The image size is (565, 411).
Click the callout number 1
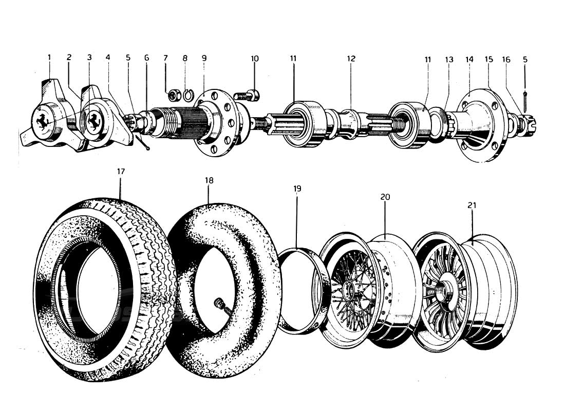[x=49, y=58]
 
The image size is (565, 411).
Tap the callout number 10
[x=255, y=58]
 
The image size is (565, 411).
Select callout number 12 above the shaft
[x=351, y=59]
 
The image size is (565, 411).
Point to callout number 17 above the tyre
[x=121, y=172]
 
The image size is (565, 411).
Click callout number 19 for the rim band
[x=297, y=189]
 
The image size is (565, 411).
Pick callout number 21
[x=472, y=205]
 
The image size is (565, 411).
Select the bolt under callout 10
[x=247, y=95]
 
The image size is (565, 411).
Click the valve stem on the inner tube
[x=222, y=307]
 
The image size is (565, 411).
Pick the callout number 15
[x=488, y=59]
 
